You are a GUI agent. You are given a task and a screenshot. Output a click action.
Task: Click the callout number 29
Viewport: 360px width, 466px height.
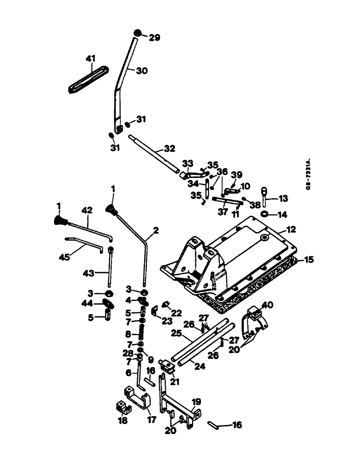pyautogui.click(x=154, y=38)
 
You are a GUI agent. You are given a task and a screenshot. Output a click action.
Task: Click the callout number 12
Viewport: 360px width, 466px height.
pyautogui.click(x=292, y=230)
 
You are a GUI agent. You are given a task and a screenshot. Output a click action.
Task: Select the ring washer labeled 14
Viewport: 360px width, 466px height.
pyautogui.click(x=264, y=214)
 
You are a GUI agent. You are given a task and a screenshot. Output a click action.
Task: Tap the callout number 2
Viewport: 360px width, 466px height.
pyautogui.click(x=155, y=230)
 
